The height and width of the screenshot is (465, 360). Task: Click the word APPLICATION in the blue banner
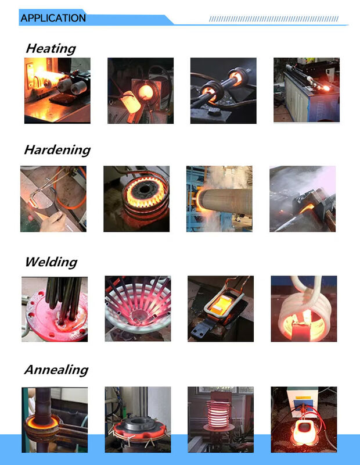pyautogui.click(x=53, y=18)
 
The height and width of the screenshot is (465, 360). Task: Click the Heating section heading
pyautogui.click(x=51, y=48)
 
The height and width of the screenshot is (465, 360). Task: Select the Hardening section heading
pyautogui.click(x=57, y=150)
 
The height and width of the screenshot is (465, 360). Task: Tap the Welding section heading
pyautogui.click(x=51, y=262)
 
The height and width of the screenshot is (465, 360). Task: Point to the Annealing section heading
pyautogui.click(x=56, y=370)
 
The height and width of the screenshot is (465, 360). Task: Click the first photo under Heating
pyautogui.click(x=57, y=90)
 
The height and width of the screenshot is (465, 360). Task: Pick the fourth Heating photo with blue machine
pyautogui.click(x=307, y=90)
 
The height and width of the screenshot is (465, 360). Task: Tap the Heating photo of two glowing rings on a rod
pyautogui.click(x=224, y=90)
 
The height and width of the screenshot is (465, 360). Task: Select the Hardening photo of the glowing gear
pyautogui.click(x=136, y=199)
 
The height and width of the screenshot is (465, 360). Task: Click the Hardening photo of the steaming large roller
pyautogui.click(x=219, y=199)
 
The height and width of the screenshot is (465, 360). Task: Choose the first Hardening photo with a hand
pyautogui.click(x=53, y=199)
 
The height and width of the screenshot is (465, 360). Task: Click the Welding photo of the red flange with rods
pyautogui.click(x=55, y=309)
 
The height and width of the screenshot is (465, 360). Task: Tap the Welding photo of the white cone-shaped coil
pyautogui.click(x=138, y=309)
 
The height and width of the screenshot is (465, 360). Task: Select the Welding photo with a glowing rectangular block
pyautogui.click(x=221, y=309)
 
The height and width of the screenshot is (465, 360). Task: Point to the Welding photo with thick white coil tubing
pyautogui.click(x=304, y=309)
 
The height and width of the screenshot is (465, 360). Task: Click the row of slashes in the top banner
pyautogui.click(x=273, y=19)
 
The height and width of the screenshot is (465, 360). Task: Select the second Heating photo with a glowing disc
pyautogui.click(x=141, y=90)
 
